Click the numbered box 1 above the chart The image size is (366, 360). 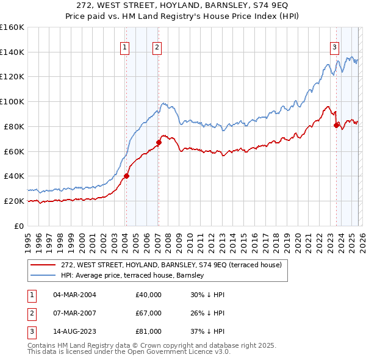pyautogui.click(x=125, y=47)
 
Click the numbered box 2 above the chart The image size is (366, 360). pyautogui.click(x=157, y=47)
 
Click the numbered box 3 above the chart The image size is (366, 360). pyautogui.click(x=335, y=47)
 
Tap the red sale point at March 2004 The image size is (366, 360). pyautogui.click(x=126, y=176)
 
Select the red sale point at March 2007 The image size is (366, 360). pyautogui.click(x=159, y=142)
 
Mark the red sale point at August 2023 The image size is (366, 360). pyautogui.click(x=336, y=125)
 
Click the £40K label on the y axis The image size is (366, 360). pyautogui.click(x=14, y=176)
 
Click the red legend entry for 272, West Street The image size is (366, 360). pyautogui.click(x=171, y=265)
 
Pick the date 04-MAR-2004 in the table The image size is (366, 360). pyautogui.click(x=74, y=295)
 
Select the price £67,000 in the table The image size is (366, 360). pyautogui.click(x=148, y=313)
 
